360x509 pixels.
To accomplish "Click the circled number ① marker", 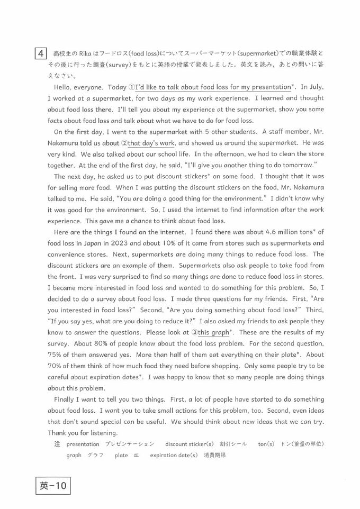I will click(x=131, y=87).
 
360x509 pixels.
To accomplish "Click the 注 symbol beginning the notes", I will click(x=57, y=444).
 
